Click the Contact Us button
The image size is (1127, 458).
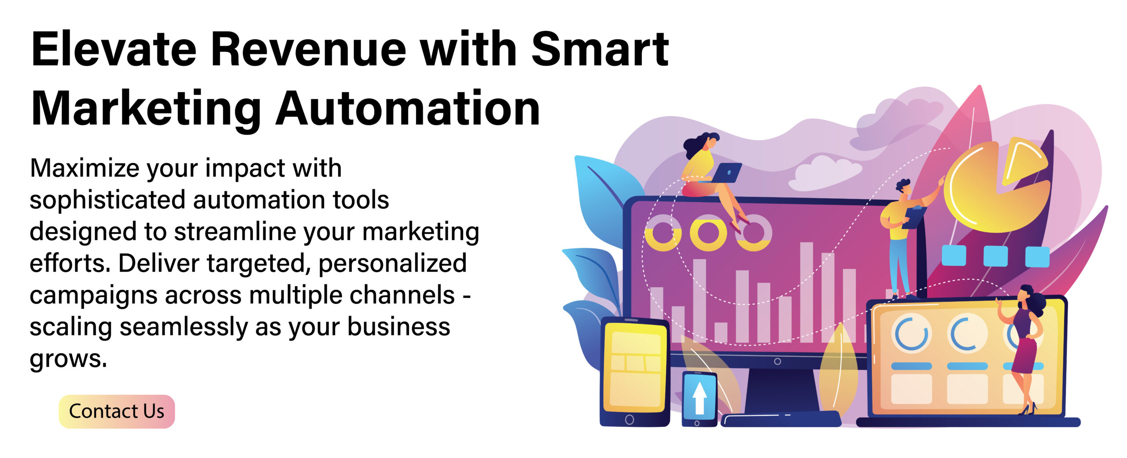coord(117,411)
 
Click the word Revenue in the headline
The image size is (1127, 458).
coord(308,49)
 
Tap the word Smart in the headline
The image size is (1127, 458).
coord(600,49)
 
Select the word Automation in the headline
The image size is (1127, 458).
coord(408,108)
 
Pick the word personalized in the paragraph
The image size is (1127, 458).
coord(392,264)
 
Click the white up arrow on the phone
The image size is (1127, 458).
coord(700,398)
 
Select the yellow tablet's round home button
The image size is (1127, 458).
coord(630,420)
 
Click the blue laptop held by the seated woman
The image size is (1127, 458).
coord(724,173)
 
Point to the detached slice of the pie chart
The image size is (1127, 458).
coord(1024,161)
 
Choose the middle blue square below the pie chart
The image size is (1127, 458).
coord(995,256)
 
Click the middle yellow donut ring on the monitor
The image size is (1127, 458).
coord(708,233)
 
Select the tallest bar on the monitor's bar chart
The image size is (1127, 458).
coord(807,292)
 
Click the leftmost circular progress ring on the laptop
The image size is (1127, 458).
coord(912,334)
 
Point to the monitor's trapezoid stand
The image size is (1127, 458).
coord(781,390)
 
